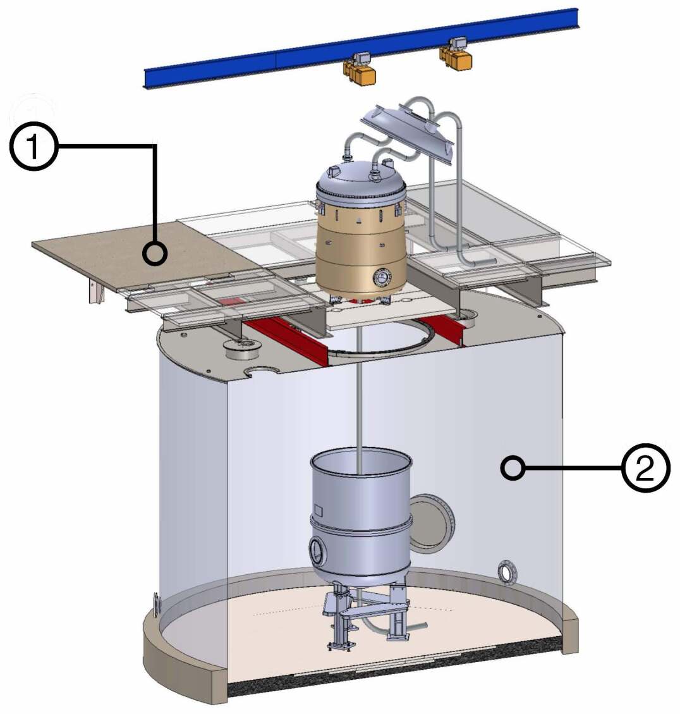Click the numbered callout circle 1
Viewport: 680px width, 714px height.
point(33,147)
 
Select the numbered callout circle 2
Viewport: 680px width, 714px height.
point(645,469)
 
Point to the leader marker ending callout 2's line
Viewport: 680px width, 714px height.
point(513,468)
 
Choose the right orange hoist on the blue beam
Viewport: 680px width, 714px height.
point(456,54)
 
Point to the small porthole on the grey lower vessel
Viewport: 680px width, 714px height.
point(317,551)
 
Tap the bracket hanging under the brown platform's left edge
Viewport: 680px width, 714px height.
point(95,293)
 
